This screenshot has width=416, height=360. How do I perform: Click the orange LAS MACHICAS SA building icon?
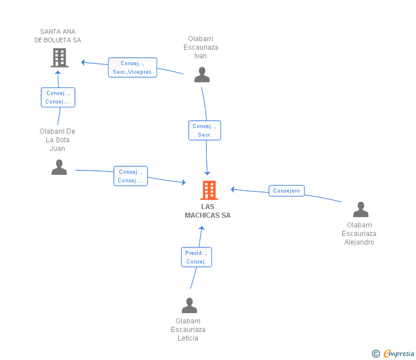click(209, 190)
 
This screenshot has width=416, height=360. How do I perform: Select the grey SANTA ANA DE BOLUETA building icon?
click(59, 58)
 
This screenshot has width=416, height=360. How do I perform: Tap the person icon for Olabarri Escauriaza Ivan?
click(202, 74)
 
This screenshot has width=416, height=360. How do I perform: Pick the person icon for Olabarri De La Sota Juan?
click(59, 167)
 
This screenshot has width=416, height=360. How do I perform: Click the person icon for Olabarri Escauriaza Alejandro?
click(361, 209)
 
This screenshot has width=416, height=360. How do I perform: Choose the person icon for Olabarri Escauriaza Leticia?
click(190, 305)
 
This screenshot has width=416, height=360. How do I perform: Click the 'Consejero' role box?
click(286, 191)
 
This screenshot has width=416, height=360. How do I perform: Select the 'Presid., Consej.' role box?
click(197, 257)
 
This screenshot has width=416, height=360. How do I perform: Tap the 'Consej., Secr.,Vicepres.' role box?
click(133, 67)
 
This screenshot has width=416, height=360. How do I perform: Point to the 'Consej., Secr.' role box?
click(205, 130)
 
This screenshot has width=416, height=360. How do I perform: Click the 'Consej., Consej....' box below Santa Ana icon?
click(58, 97)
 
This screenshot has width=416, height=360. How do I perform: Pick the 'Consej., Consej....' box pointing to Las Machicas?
click(130, 176)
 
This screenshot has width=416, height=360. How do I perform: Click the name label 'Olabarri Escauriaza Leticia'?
click(188, 330)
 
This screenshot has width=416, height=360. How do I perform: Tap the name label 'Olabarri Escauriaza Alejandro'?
click(359, 234)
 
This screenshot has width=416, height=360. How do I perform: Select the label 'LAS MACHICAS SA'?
click(208, 211)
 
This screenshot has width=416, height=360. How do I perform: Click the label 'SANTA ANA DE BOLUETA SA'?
click(58, 36)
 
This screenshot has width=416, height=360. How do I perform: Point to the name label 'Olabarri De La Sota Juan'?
click(57, 140)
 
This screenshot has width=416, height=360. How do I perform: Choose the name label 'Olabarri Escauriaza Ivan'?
click(201, 47)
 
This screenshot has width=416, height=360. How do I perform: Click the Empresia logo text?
click(399, 353)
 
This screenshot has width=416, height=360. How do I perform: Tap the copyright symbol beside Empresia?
click(375, 354)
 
